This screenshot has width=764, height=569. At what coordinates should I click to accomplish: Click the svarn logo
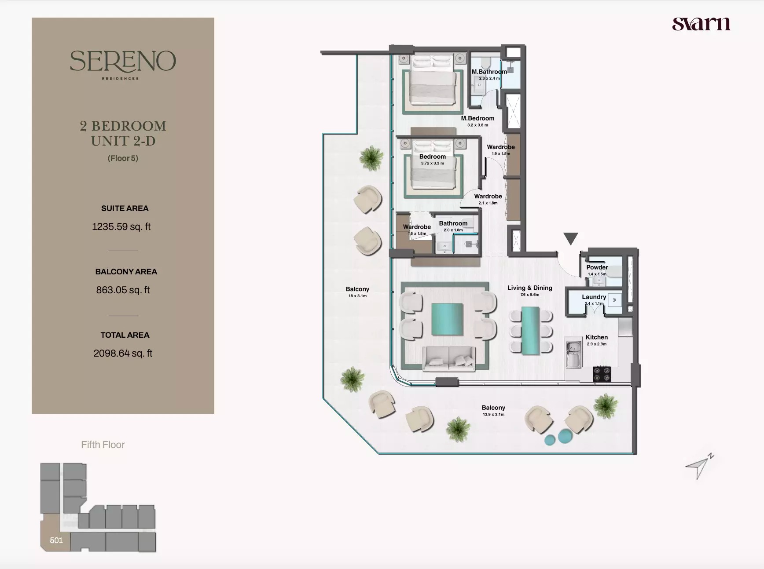pyautogui.click(x=701, y=24)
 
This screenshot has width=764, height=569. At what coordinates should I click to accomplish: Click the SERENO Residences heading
pyautogui.click(x=123, y=62)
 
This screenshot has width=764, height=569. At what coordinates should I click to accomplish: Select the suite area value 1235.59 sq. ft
pyautogui.click(x=121, y=227)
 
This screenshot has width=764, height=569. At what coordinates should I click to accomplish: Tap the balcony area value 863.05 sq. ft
pyautogui.click(x=123, y=290)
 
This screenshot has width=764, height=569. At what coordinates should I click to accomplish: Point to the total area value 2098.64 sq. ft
pyautogui.click(x=123, y=354)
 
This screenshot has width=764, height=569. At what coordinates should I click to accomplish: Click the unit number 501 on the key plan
pyautogui.click(x=56, y=540)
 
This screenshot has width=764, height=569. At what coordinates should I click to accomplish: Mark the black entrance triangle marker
pyautogui.click(x=571, y=238)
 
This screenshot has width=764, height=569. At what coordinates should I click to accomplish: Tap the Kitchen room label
pyautogui.click(x=596, y=337)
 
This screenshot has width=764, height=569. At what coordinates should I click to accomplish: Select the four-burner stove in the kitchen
pyautogui.click(x=602, y=374)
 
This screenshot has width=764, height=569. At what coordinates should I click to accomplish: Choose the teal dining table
pyautogui.click(x=530, y=331)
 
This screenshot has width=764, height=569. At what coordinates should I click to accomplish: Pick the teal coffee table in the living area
pyautogui.click(x=447, y=320)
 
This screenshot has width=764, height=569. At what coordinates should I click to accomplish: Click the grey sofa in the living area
pyautogui.click(x=449, y=357)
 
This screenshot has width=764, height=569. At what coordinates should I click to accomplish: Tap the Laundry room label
pyautogui.click(x=594, y=297)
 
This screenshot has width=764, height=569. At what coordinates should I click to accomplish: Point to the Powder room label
pyautogui.click(x=597, y=267)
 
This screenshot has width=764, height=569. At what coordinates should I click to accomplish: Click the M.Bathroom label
pyautogui.click(x=489, y=72)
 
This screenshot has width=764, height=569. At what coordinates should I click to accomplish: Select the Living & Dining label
pyautogui.click(x=529, y=288)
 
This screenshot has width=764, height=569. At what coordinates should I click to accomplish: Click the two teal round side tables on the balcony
pyautogui.click(x=558, y=438)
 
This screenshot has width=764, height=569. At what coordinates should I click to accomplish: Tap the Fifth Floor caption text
pyautogui.click(x=103, y=445)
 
